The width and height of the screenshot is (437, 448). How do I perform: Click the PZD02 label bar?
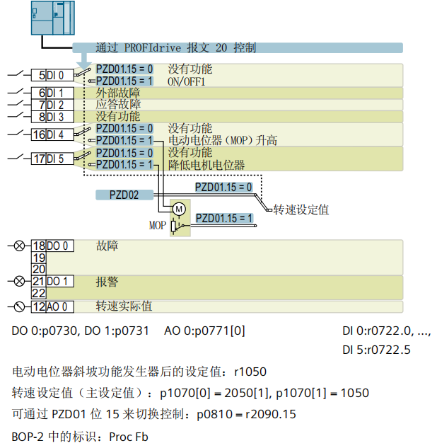point(124,195)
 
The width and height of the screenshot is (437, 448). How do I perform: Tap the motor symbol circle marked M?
point(179,209)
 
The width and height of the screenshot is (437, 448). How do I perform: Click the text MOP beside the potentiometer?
point(157,226)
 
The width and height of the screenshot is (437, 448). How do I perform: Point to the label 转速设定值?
point(301,210)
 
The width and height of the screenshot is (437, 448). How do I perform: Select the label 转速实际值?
point(124,306)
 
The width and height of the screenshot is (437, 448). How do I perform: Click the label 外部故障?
point(118,93)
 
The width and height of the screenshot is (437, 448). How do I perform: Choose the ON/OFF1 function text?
point(186,81)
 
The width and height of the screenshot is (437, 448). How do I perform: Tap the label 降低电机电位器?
point(206,165)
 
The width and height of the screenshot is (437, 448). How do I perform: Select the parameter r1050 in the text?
point(250,372)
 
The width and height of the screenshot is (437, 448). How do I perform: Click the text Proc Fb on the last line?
point(129,436)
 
